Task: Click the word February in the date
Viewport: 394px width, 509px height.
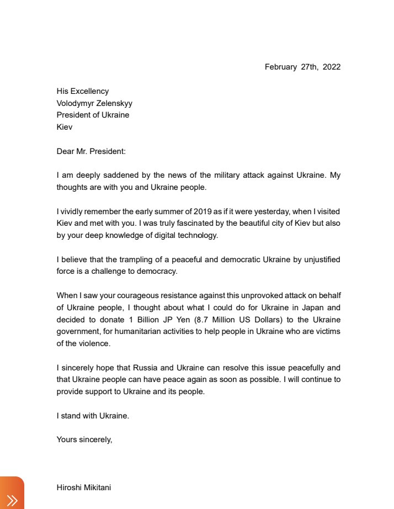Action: coord(281,67)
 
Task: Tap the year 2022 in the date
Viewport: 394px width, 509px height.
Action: coord(332,67)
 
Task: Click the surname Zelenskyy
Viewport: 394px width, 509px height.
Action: coord(113,103)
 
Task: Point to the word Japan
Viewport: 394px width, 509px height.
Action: coord(308,307)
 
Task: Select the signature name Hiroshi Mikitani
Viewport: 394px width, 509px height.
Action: coord(83,487)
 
